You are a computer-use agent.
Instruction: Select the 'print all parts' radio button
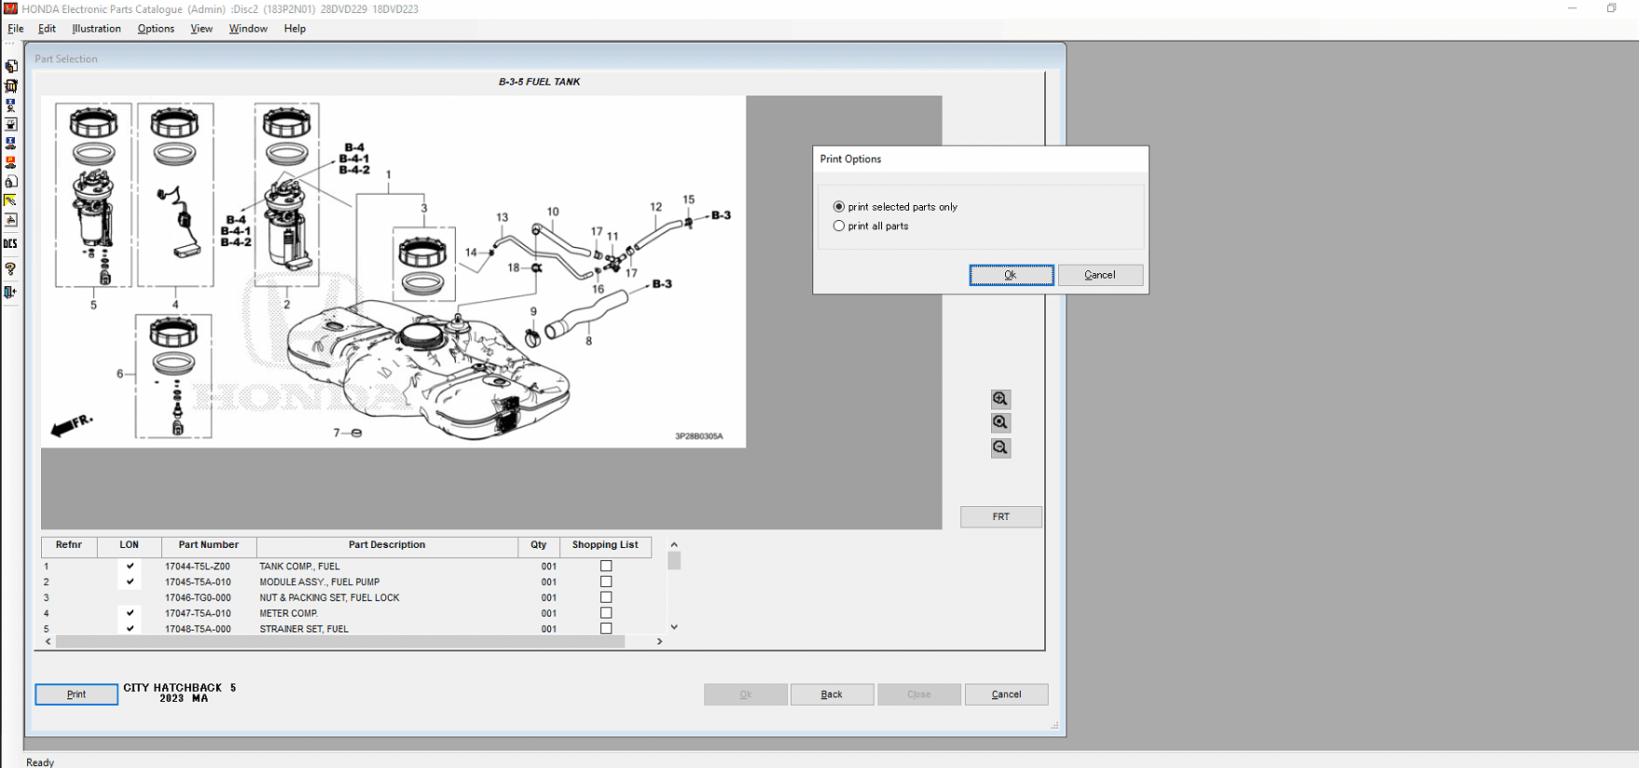(x=839, y=226)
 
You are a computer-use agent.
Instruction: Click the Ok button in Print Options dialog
(x=1011, y=275)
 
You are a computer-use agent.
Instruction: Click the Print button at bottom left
(x=76, y=694)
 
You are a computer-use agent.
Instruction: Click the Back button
(x=832, y=694)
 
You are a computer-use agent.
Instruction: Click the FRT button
(x=1000, y=516)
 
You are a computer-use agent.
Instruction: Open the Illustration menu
(x=96, y=29)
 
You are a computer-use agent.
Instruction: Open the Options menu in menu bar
(x=156, y=29)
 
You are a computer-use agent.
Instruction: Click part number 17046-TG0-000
(x=198, y=598)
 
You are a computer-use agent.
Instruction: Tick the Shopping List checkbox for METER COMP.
(x=606, y=613)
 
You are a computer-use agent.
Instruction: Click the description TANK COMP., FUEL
(x=299, y=567)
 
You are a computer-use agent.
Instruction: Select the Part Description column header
(x=386, y=545)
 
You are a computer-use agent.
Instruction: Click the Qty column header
(x=539, y=545)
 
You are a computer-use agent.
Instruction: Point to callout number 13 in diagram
(x=503, y=217)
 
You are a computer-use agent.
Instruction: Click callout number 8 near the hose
(x=588, y=341)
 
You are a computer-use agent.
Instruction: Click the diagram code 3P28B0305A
(x=698, y=436)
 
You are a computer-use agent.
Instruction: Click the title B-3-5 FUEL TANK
(x=539, y=82)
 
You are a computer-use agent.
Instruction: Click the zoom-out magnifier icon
(x=1000, y=448)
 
